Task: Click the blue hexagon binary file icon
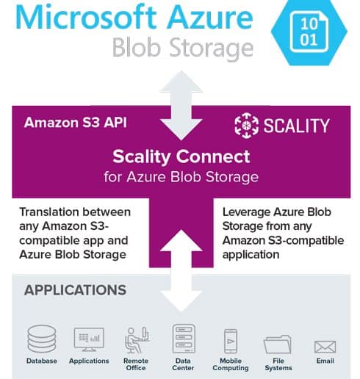(x=309, y=31)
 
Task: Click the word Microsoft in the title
(x=86, y=17)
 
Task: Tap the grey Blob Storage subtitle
(x=183, y=48)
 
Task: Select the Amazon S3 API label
(x=76, y=122)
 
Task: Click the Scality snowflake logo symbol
(x=246, y=126)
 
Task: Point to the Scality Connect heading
(x=181, y=156)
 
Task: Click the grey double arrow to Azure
(x=181, y=106)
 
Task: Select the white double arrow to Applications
(x=181, y=270)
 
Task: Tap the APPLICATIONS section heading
(x=75, y=290)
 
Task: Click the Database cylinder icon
(x=42, y=339)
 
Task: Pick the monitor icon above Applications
(x=89, y=339)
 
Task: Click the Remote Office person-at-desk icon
(x=137, y=340)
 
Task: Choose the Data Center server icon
(x=184, y=339)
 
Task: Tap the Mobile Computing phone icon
(x=231, y=341)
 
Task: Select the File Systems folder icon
(x=278, y=344)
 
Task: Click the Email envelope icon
(x=325, y=347)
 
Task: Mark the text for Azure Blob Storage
(x=181, y=177)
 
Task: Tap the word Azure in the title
(x=211, y=17)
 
